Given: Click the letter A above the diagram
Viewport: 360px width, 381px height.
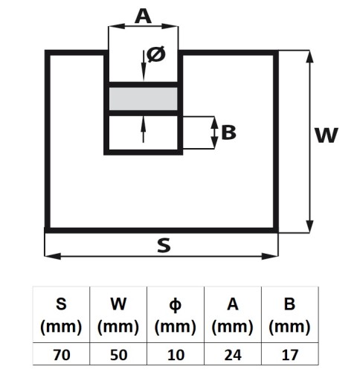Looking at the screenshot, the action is click(143, 16).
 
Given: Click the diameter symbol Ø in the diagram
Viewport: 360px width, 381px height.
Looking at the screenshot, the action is click(156, 54).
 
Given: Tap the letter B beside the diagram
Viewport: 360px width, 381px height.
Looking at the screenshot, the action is click(228, 132).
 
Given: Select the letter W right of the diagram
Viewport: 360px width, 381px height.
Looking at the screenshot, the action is click(326, 135).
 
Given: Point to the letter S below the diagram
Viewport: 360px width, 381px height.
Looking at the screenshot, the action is click(164, 245).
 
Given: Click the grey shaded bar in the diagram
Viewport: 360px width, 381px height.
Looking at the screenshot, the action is click(144, 99).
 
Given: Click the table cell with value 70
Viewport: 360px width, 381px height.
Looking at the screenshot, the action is click(61, 354).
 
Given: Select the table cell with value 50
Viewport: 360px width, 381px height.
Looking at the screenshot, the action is click(118, 354).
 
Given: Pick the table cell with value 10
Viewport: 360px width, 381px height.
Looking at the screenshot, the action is click(176, 354).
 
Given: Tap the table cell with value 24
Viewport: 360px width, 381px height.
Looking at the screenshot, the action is click(233, 354).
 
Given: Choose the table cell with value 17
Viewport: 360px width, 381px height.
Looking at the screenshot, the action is click(290, 354).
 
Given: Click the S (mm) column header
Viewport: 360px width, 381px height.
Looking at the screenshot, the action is click(61, 315).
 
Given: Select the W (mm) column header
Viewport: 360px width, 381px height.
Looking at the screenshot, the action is click(118, 315).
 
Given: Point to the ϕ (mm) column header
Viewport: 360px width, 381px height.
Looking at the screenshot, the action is click(176, 315).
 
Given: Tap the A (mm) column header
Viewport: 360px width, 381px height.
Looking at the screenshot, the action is click(233, 315).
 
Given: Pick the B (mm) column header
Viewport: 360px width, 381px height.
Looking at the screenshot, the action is click(290, 315).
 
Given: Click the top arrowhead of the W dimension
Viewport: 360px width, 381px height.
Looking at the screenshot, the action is click(309, 57).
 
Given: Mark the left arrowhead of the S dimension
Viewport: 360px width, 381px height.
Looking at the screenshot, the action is click(53, 256).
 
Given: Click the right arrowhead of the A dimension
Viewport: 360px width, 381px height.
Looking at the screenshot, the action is click(170, 26).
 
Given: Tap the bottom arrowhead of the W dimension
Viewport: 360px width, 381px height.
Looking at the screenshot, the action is click(309, 227).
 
